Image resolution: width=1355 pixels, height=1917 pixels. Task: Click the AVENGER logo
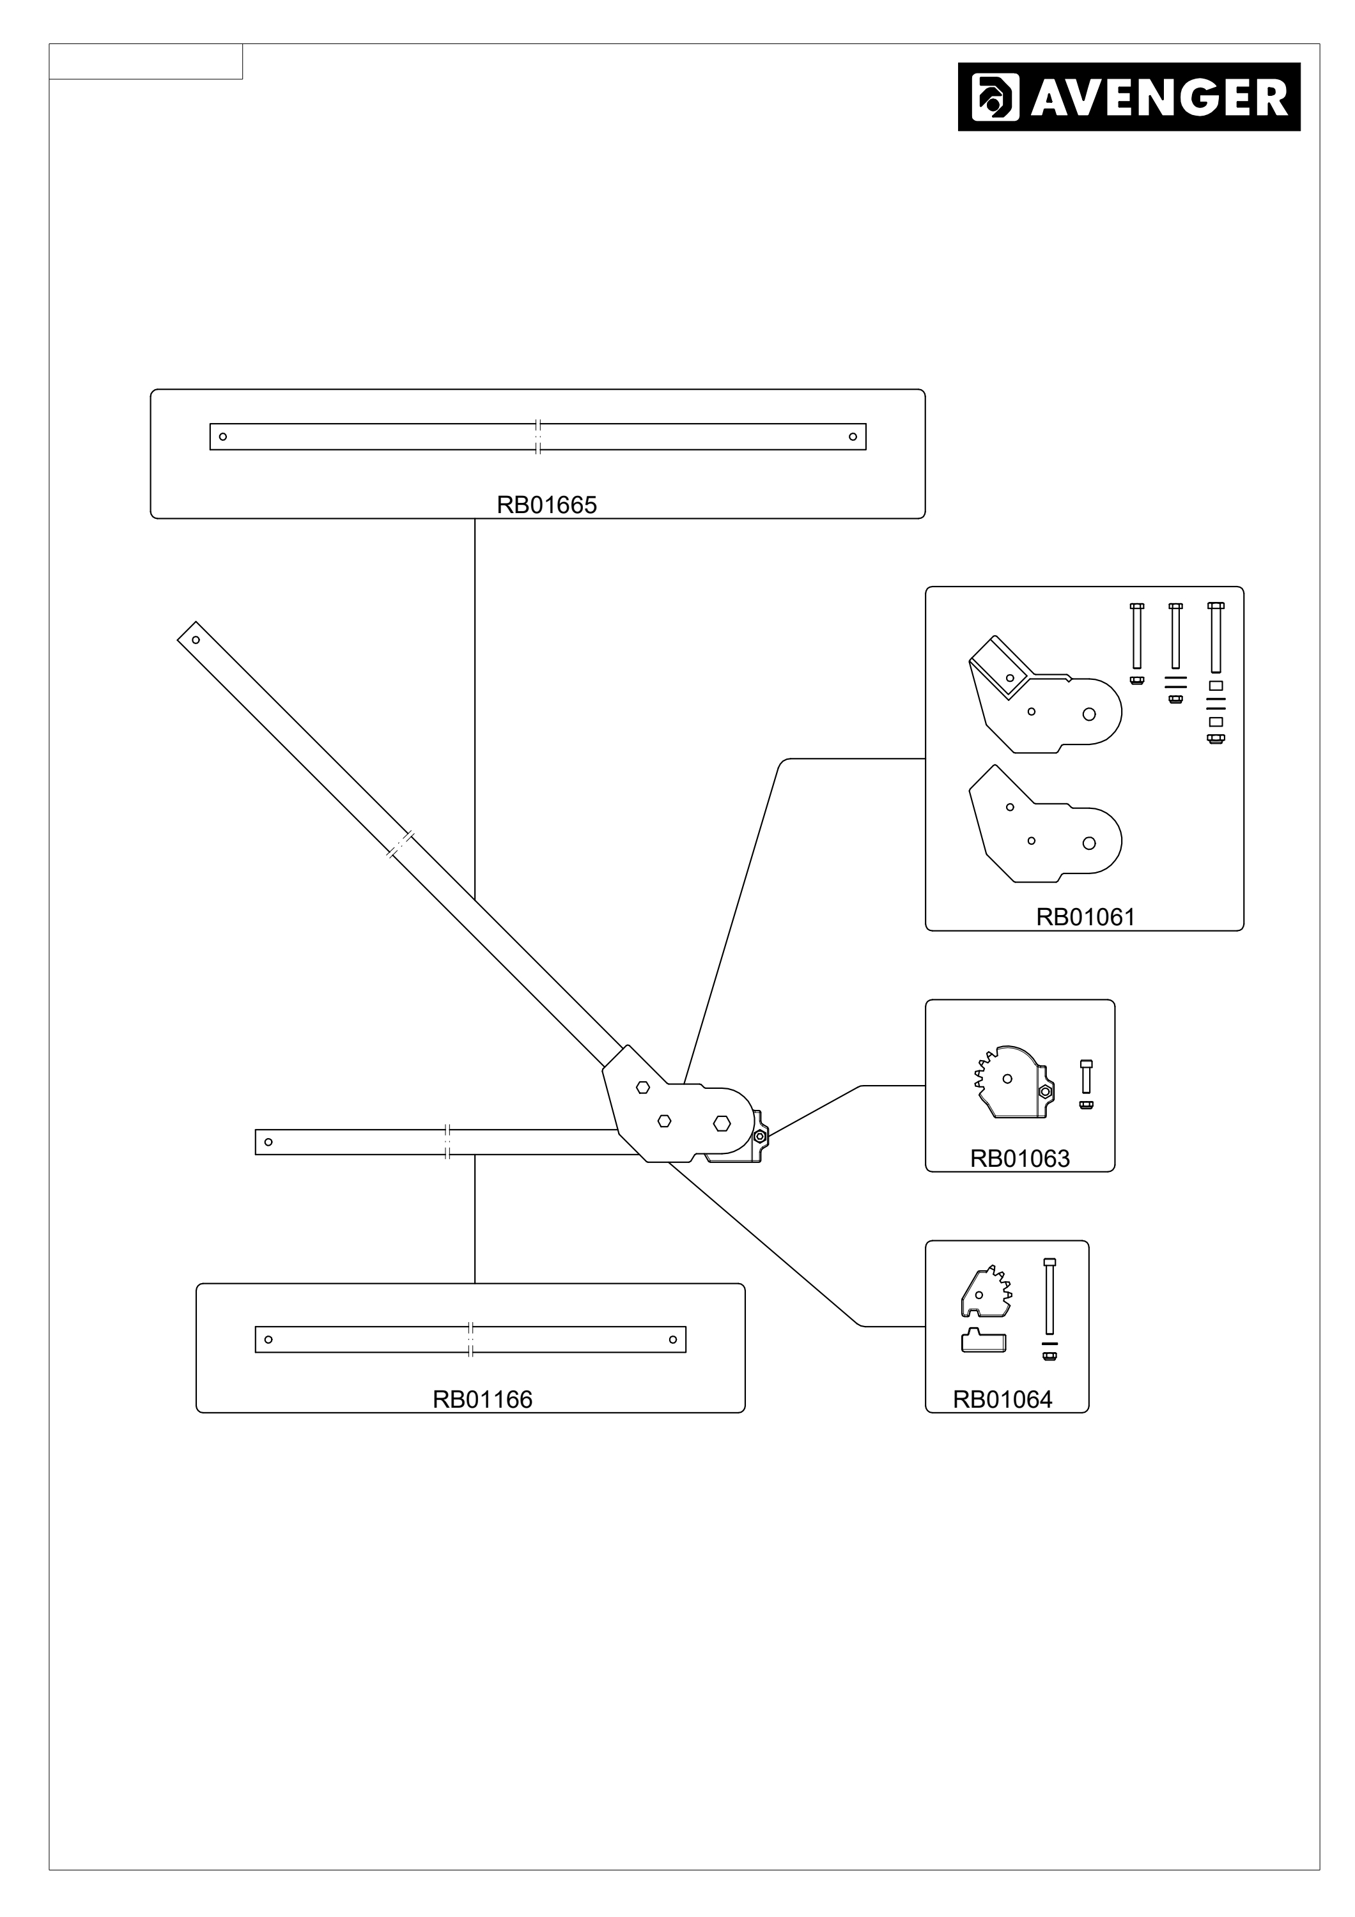point(1129,97)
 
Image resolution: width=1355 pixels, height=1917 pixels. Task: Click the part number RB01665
point(547,505)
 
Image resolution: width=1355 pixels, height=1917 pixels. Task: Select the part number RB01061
point(1085,917)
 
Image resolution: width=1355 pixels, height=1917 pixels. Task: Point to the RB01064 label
point(1003,1399)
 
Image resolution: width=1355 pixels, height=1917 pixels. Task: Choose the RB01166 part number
point(483,1399)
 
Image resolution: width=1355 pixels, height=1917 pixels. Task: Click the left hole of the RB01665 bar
point(223,436)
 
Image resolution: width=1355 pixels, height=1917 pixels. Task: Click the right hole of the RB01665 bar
point(853,436)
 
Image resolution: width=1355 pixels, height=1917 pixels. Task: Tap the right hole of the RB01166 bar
point(673,1340)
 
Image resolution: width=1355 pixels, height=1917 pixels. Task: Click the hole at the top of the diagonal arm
point(196,640)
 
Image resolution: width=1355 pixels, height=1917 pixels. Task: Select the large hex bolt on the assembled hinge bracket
point(722,1124)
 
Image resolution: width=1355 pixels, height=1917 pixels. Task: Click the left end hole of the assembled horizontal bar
point(268,1142)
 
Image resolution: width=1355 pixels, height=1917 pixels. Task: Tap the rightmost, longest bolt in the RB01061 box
point(1216,637)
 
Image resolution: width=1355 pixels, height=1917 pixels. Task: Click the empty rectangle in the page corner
point(146,62)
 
